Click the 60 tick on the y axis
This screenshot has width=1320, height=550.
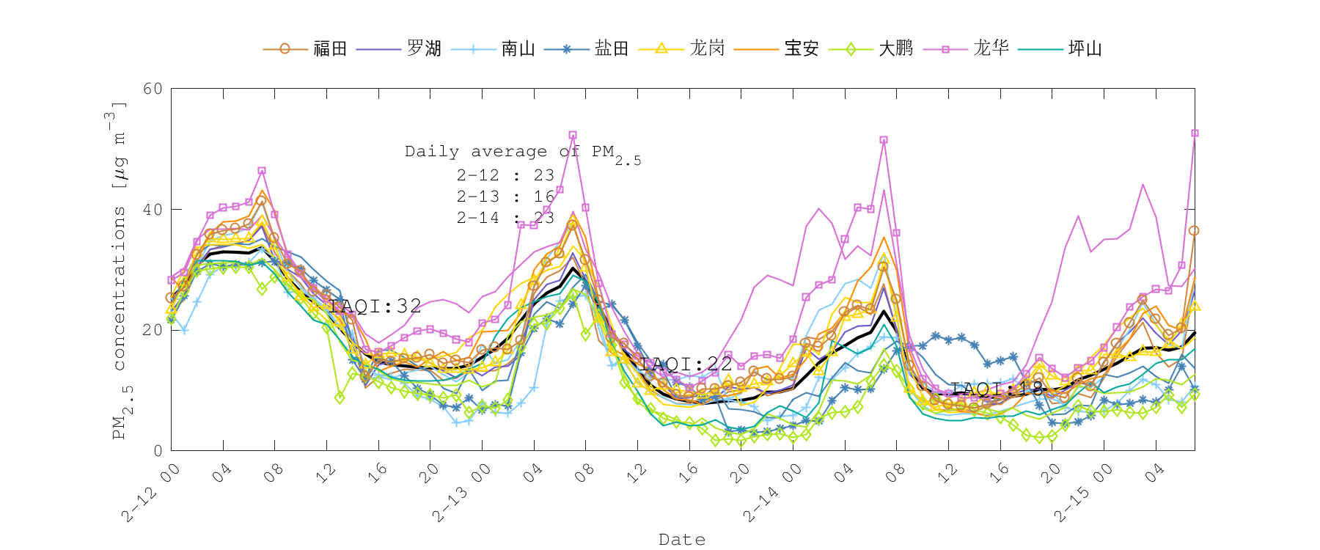[153, 89]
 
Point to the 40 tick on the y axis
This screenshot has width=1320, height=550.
[153, 210]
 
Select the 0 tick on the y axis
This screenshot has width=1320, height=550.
[158, 450]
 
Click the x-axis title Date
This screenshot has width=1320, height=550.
[682, 540]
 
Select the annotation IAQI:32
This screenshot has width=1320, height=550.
[375, 306]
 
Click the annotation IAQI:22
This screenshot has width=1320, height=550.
[686, 364]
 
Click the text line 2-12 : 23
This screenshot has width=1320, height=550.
[505, 175]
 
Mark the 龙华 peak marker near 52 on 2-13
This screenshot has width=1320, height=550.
[573, 135]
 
